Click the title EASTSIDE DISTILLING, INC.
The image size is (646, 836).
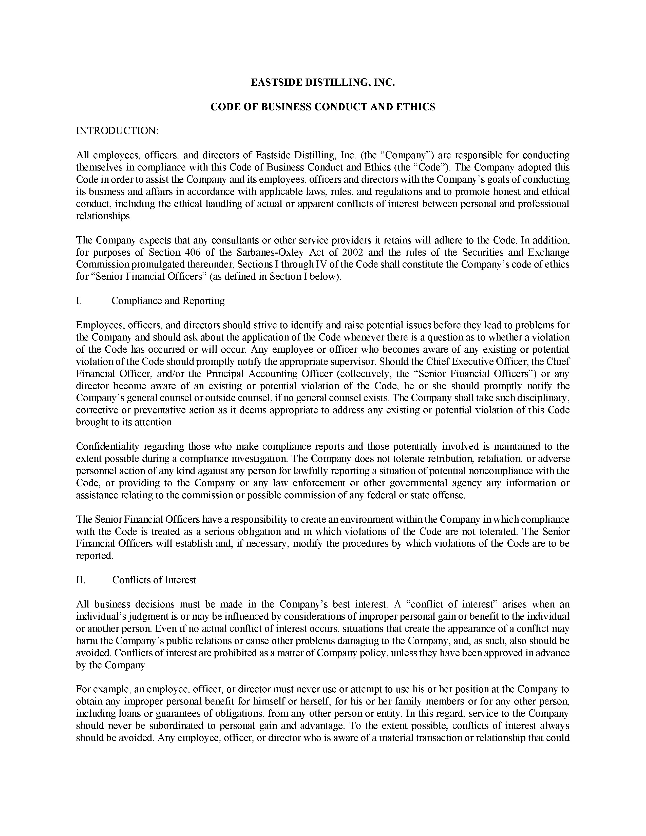[x=322, y=82]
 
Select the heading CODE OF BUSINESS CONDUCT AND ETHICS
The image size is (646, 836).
[x=322, y=107]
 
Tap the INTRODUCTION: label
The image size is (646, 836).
[x=117, y=131]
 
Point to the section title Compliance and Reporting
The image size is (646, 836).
[x=168, y=301]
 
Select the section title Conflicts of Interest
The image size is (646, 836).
[x=154, y=580]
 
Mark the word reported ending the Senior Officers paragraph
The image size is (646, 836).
[x=94, y=556]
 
